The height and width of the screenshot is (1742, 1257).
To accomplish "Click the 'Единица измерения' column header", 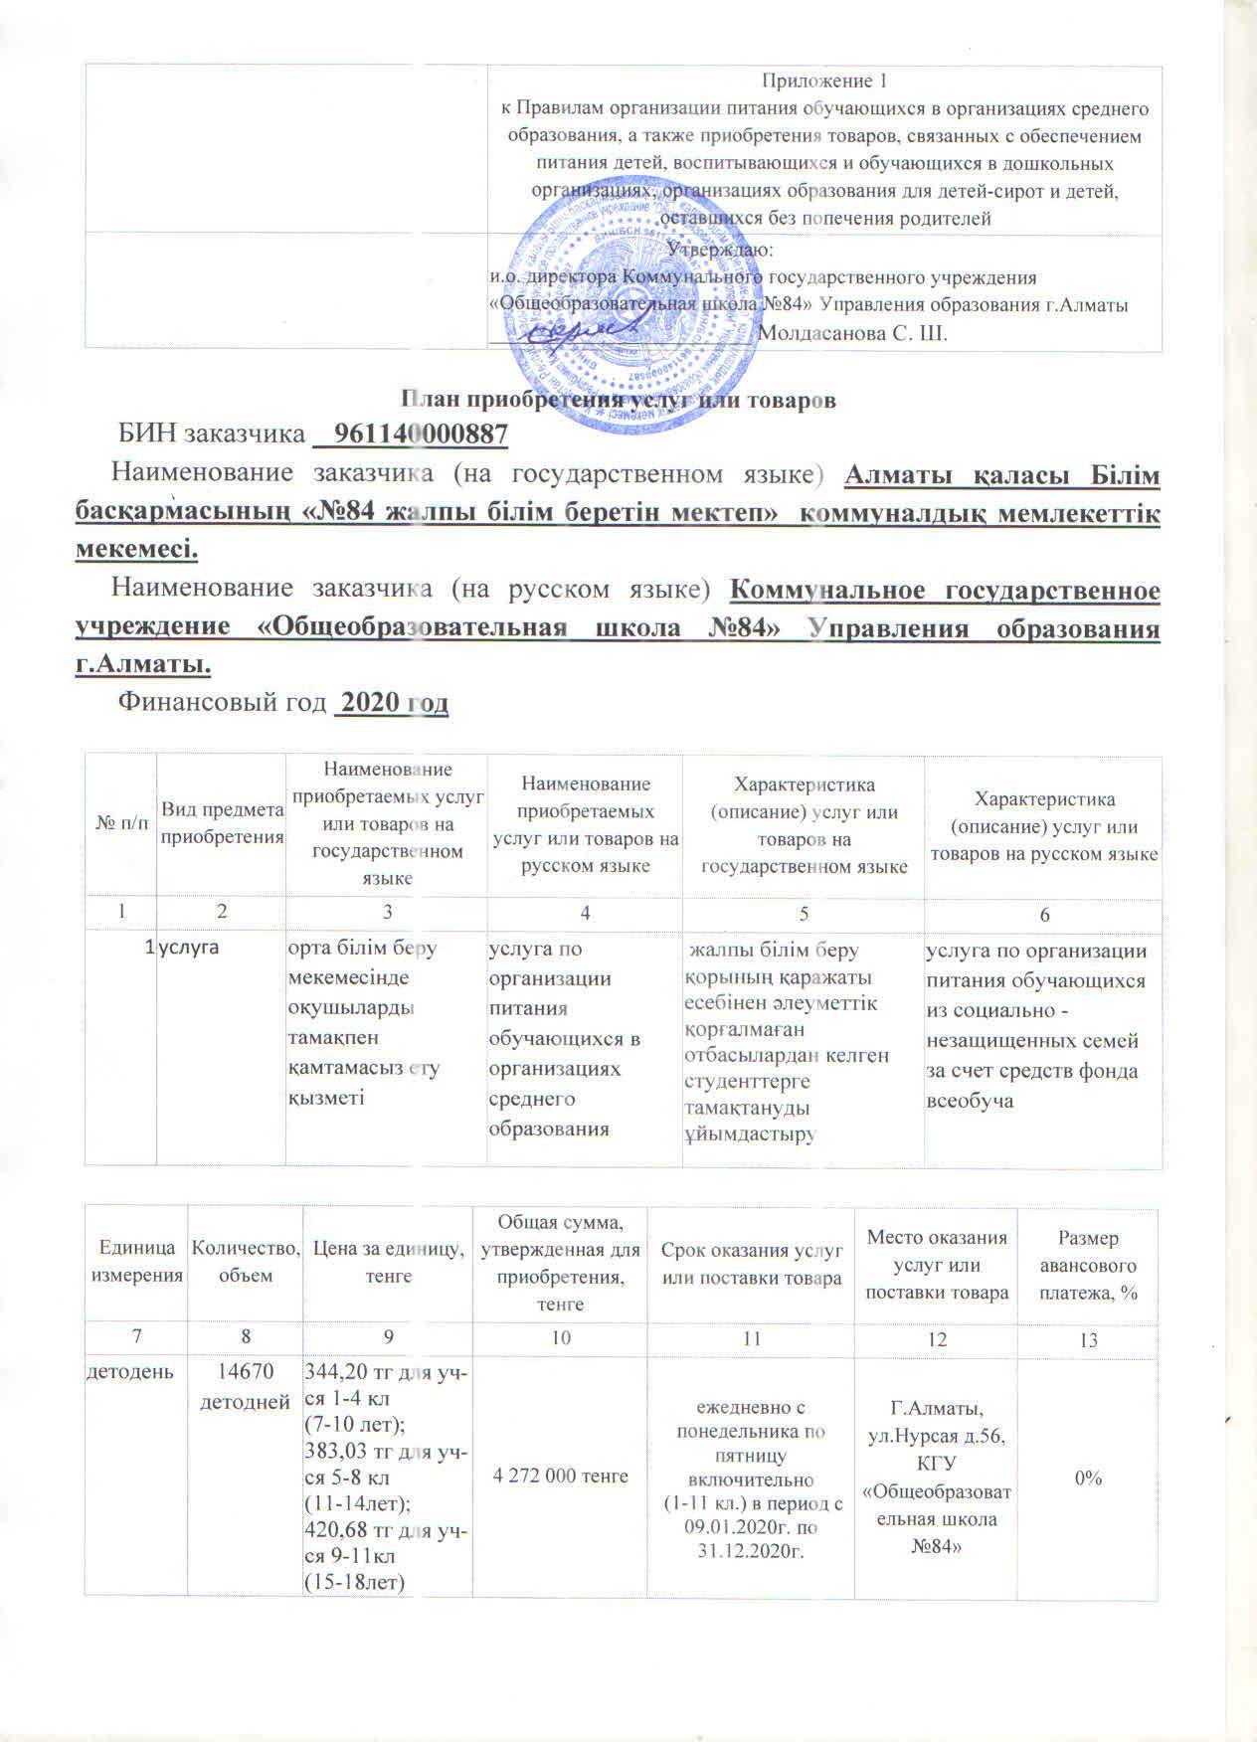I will (x=136, y=1266).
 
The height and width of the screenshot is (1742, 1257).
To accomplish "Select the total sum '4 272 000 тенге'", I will (x=561, y=1476).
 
